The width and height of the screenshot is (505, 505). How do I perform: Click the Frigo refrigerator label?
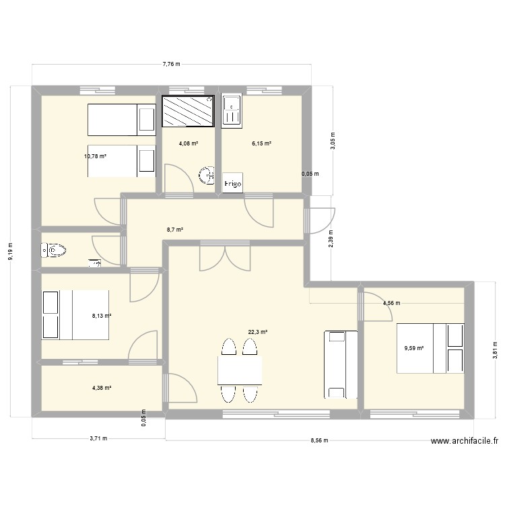click(x=233, y=183)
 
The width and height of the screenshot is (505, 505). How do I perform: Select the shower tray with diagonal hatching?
click(x=188, y=110)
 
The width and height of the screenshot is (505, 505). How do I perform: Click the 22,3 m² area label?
click(x=258, y=332)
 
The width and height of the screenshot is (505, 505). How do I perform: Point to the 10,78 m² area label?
click(x=95, y=156)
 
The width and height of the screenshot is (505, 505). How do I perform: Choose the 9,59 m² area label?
click(x=413, y=348)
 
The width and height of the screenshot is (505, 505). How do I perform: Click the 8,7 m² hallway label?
click(x=175, y=230)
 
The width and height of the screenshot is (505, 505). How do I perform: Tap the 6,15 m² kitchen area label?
click(x=261, y=143)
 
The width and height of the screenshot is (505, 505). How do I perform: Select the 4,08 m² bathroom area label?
click(x=188, y=143)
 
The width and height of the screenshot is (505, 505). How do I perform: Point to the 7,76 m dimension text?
click(x=171, y=64)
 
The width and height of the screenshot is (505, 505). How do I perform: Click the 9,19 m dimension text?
click(x=9, y=253)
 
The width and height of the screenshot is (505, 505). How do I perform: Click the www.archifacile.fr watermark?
click(x=465, y=442)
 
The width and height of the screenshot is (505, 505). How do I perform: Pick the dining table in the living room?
click(x=240, y=370)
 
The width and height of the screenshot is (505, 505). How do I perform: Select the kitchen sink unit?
click(x=231, y=111)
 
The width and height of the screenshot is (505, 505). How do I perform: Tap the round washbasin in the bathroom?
click(x=206, y=176)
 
